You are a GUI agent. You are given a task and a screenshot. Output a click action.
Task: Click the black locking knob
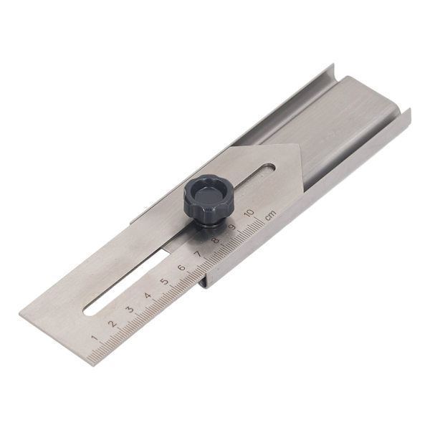point(209,200)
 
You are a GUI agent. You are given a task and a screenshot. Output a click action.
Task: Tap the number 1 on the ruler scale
point(95,338)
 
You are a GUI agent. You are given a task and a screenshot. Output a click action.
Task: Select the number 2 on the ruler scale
point(113,324)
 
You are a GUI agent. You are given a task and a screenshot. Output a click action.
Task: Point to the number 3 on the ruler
point(130,310)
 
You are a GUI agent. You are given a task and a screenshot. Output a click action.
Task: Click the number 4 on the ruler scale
point(148,295)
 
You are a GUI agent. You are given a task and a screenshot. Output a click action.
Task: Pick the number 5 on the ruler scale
point(164,282)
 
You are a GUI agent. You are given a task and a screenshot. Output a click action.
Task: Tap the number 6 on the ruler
point(181,267)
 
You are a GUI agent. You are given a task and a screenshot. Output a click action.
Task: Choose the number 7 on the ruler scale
point(198,254)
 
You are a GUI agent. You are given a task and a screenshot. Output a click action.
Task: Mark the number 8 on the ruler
point(216,240)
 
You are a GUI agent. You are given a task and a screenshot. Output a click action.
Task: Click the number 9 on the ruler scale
point(232,227)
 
